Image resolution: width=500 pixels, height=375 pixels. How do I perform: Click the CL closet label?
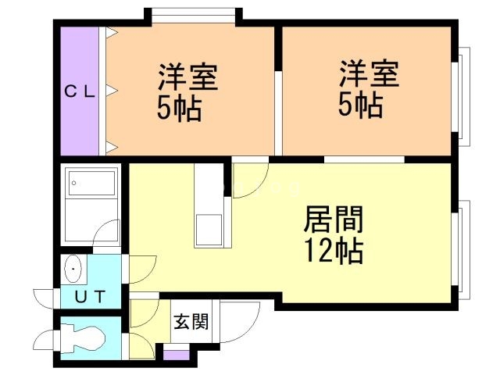80,92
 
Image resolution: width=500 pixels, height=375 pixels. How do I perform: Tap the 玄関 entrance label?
191,321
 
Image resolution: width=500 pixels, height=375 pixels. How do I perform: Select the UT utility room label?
91,297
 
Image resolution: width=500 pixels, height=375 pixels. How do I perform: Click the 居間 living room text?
334,220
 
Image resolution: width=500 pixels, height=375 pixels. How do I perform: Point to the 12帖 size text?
334,250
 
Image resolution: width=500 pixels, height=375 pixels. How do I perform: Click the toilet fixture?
83,338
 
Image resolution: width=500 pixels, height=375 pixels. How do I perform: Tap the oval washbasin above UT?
73,269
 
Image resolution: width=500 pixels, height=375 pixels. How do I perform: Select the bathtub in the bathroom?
92,183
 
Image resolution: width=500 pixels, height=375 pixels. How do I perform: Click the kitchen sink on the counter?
209,230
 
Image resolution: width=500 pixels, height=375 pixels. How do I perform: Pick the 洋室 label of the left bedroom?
188,77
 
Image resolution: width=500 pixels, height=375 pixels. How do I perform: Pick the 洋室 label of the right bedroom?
369,73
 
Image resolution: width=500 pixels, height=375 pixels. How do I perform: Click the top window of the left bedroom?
193,16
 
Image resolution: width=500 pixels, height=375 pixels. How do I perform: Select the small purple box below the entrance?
176,355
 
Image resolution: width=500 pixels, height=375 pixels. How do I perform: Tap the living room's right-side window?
461,249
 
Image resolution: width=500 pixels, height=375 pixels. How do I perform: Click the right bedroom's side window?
461,97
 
